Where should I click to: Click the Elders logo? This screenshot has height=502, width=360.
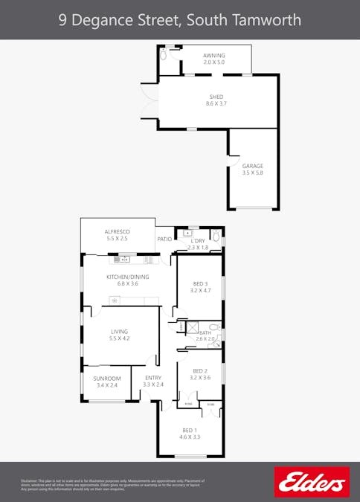(x=312, y=481)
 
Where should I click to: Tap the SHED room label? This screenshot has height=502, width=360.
(x=216, y=97)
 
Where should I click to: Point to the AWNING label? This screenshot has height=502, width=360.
(x=214, y=56)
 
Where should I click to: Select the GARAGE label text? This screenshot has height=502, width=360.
(x=253, y=166)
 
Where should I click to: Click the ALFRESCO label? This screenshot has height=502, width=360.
(x=118, y=232)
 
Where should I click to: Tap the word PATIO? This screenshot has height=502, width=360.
(x=164, y=239)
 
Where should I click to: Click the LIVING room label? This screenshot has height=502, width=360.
(x=120, y=332)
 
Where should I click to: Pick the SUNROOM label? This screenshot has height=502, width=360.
(x=107, y=379)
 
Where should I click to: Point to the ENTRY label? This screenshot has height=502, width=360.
(x=152, y=378)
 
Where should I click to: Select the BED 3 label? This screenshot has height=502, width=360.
(x=200, y=283)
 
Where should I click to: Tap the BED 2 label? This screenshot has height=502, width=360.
(x=200, y=371)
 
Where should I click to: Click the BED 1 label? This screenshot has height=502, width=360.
(x=190, y=430)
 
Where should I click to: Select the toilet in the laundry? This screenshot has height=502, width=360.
(x=216, y=236)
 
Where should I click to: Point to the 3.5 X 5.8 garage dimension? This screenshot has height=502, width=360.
(x=253, y=173)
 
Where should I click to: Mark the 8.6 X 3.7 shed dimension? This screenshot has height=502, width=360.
(x=216, y=103)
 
